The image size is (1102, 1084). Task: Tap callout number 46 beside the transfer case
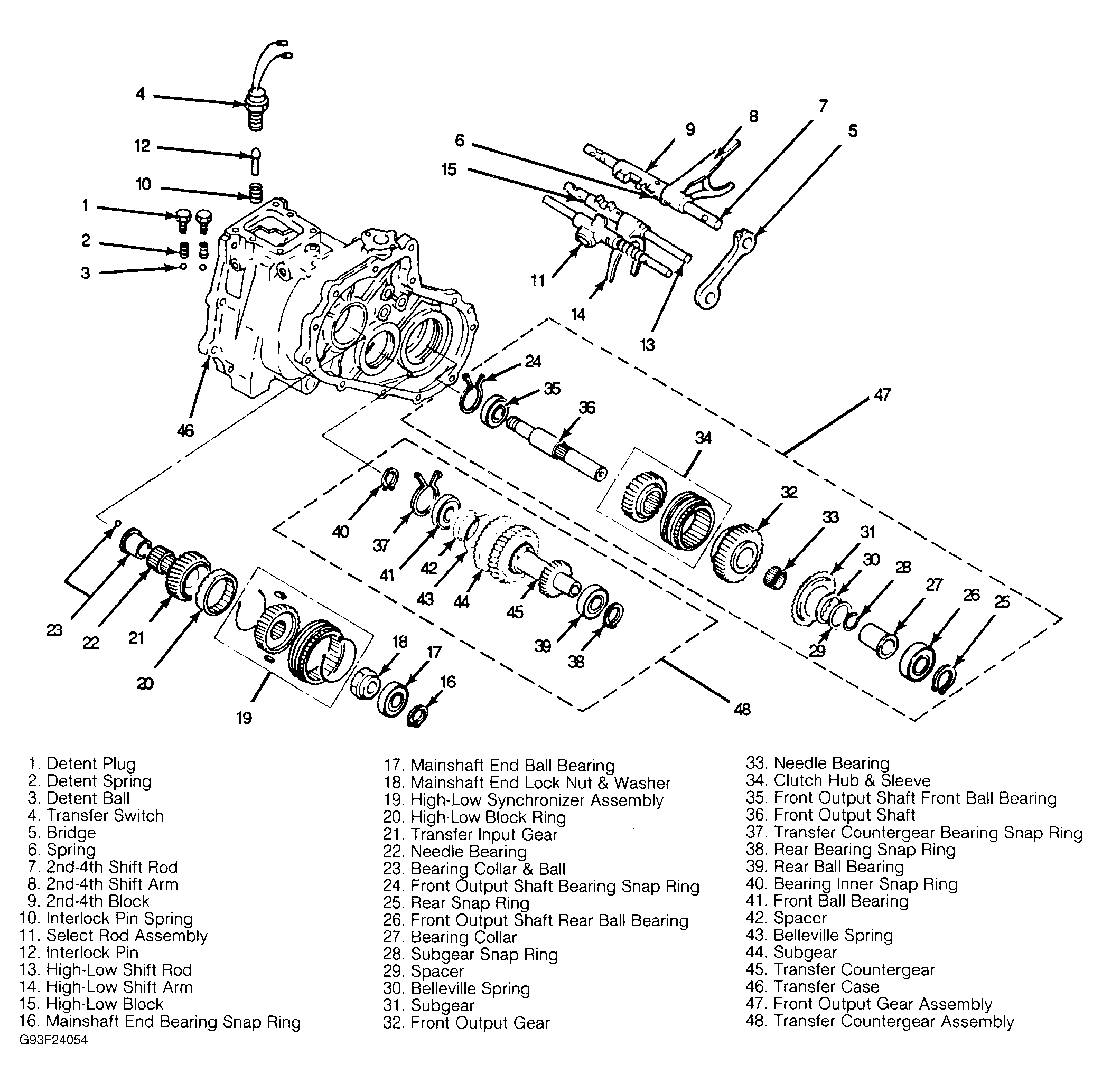point(185,430)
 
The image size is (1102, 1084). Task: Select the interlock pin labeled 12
point(256,162)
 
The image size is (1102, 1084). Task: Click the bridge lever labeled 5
point(725,268)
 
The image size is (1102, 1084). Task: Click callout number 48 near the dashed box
point(742,709)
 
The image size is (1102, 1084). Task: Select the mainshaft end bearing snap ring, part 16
point(417,715)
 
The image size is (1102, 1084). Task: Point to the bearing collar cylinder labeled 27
point(877,640)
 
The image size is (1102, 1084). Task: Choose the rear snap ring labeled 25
point(944,678)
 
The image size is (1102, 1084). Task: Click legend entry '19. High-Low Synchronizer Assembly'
point(523,800)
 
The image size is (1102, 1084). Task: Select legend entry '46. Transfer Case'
point(812,987)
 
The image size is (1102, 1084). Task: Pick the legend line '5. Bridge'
point(61,832)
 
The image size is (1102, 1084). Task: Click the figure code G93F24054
point(53,1040)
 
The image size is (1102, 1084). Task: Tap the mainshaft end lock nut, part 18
point(364,682)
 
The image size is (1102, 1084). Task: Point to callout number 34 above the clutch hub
point(703,437)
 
